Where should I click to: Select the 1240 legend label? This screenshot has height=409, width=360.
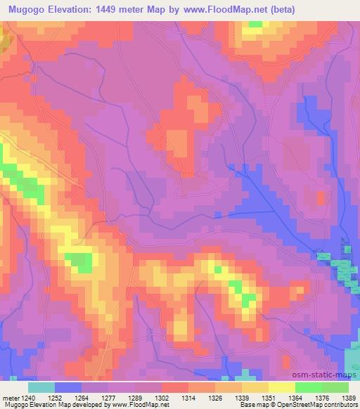click(x=26, y=398)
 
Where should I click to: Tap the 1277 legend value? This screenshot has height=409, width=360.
click(x=108, y=398)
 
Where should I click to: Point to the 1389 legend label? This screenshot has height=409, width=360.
click(x=349, y=398)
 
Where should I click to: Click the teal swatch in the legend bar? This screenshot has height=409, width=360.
click(x=41, y=387)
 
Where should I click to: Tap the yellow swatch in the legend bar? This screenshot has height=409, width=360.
click(x=282, y=387)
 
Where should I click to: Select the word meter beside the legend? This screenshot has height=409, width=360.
click(x=9, y=398)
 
